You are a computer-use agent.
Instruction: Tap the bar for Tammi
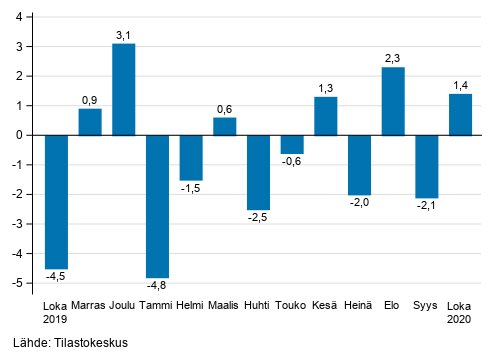(x=157, y=206)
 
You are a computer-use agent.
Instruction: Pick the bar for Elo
(x=393, y=101)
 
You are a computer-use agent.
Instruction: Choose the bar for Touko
(x=292, y=144)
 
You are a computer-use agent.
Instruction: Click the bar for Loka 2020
(x=460, y=114)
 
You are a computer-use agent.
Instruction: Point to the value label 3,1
(x=123, y=35)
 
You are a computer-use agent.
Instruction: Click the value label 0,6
(x=225, y=109)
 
